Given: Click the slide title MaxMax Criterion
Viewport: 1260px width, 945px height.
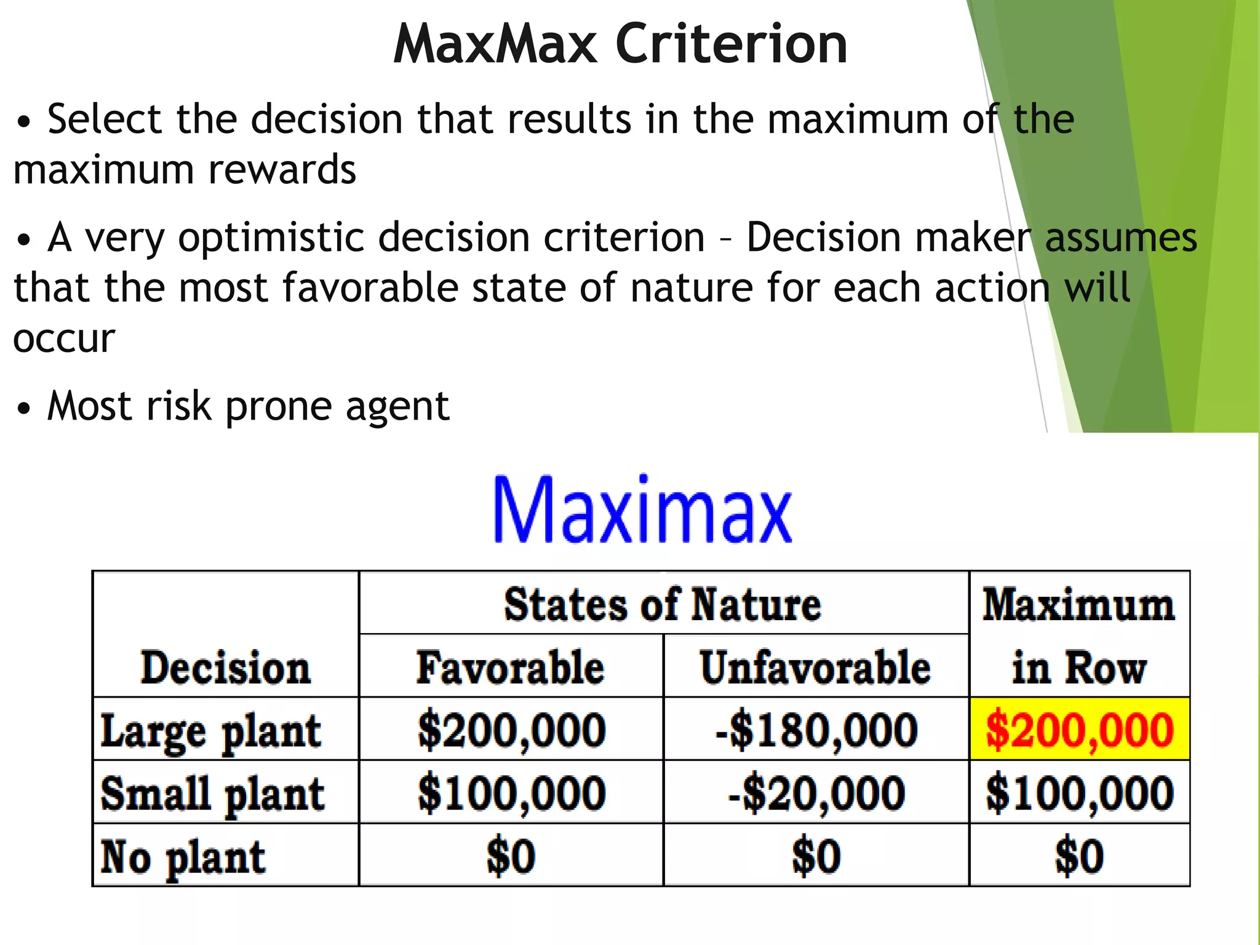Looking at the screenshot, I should point(620,44).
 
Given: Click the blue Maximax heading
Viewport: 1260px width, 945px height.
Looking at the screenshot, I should point(642,511).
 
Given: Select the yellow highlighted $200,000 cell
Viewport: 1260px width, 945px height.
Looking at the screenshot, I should point(1080,730).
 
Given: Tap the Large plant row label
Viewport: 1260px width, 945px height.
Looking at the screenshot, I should point(210,731).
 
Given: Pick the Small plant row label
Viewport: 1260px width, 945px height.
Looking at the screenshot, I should point(212,794).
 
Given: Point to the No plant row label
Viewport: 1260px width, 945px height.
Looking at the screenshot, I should point(183,856).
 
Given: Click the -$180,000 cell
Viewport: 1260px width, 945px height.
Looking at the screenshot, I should point(816,730).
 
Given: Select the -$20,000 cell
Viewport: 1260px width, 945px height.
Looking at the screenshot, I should point(816,793).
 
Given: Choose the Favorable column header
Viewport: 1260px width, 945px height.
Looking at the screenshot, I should point(510,668).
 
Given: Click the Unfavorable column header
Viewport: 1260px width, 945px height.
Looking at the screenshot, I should point(815,668).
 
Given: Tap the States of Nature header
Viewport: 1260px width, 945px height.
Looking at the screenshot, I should point(663,604).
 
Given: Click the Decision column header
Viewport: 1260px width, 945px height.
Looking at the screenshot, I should point(225,668).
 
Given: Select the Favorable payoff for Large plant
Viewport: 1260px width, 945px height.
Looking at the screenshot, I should point(511,730).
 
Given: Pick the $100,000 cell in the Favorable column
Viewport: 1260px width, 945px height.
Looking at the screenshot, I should point(511,793).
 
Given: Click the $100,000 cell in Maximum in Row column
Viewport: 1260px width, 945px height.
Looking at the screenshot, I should point(1080,793).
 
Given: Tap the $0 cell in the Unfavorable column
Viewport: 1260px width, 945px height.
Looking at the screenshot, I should point(816,856).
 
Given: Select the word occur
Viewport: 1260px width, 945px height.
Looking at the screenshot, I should point(64,338).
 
